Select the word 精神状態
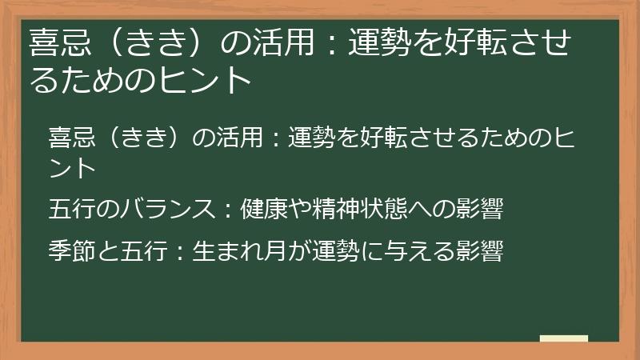tap(356, 210)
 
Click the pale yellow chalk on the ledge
tap(564, 338)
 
